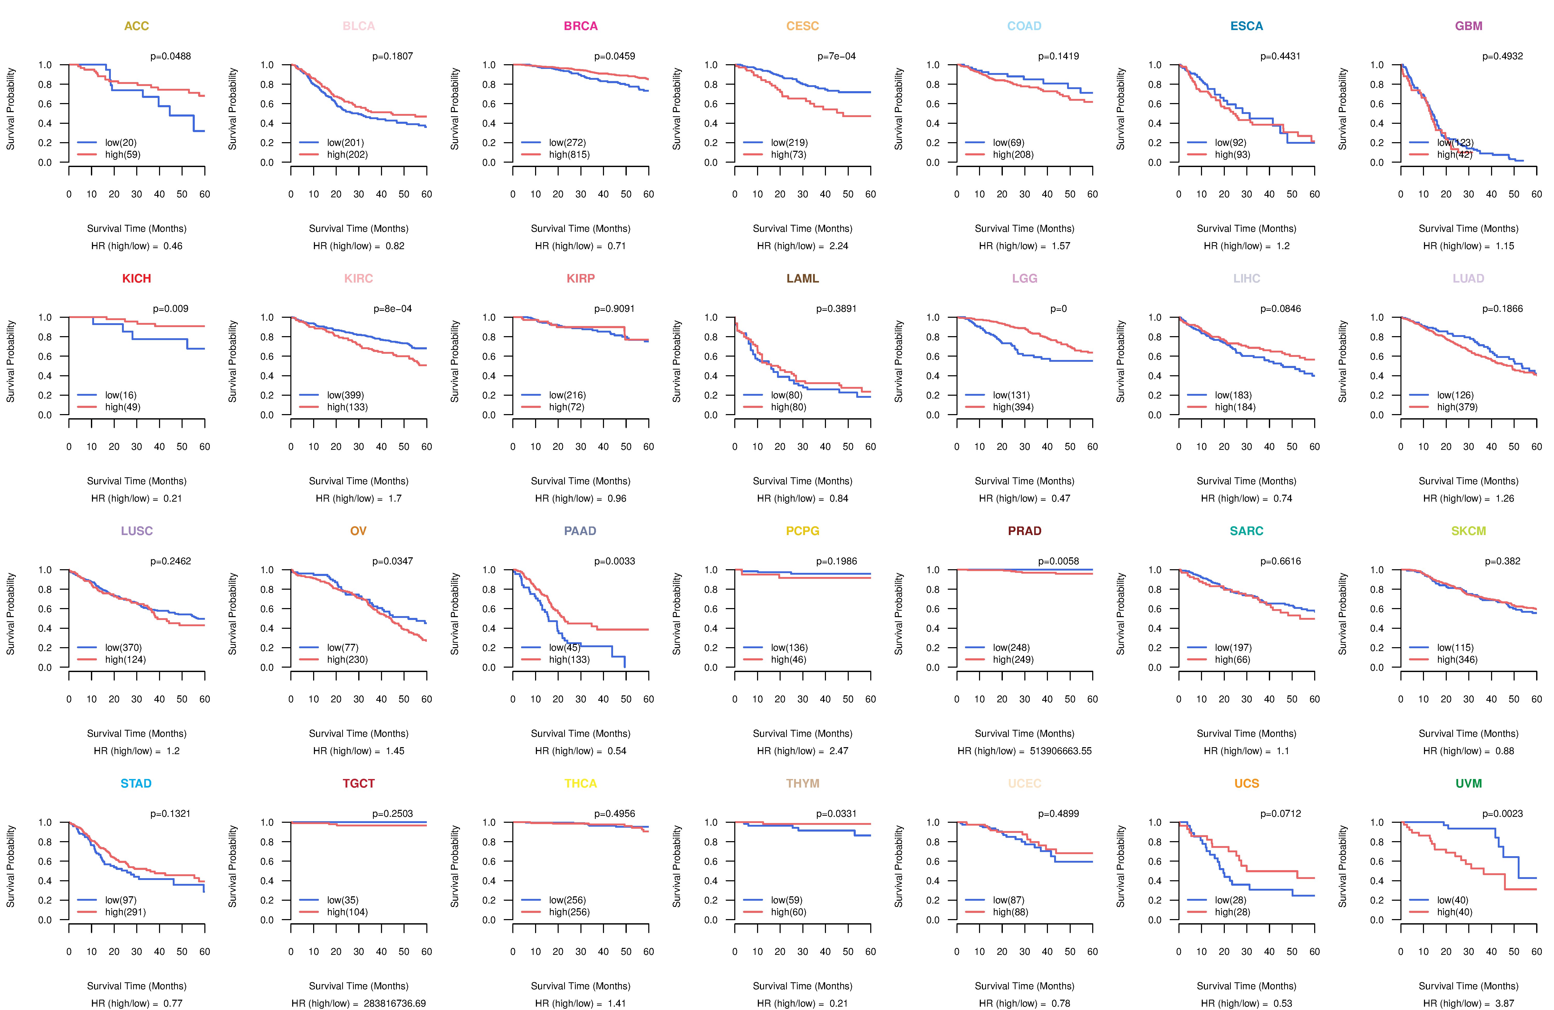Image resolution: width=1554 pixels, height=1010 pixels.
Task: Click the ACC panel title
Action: [136, 26]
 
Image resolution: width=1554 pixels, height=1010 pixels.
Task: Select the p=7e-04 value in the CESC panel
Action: [836, 56]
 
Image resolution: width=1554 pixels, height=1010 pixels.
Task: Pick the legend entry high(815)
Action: [569, 155]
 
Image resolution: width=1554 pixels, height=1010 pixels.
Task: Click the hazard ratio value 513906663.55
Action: [1060, 751]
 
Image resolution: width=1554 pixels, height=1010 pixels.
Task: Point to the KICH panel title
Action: [136, 279]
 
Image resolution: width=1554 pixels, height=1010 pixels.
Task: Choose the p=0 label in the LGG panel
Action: [1059, 309]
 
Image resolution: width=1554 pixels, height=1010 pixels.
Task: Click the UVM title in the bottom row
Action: [1469, 783]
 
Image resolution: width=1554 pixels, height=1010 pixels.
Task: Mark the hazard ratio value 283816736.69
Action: [394, 1004]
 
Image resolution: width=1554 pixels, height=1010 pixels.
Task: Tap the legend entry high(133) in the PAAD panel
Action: [569, 659]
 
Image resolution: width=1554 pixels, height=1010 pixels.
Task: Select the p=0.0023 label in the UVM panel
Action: [1502, 813]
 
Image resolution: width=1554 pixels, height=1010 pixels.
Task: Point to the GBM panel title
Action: [1469, 26]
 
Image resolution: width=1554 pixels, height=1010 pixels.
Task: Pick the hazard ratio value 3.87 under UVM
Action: [1504, 1004]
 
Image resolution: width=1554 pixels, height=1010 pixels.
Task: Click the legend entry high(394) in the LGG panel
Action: [1013, 407]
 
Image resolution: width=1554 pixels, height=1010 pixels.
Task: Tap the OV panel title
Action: [358, 531]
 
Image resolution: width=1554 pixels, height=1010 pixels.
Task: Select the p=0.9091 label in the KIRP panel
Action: [614, 309]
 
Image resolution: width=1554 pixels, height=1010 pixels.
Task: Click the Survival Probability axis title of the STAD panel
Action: [10, 866]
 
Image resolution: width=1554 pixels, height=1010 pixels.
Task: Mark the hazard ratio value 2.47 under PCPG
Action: [838, 751]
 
